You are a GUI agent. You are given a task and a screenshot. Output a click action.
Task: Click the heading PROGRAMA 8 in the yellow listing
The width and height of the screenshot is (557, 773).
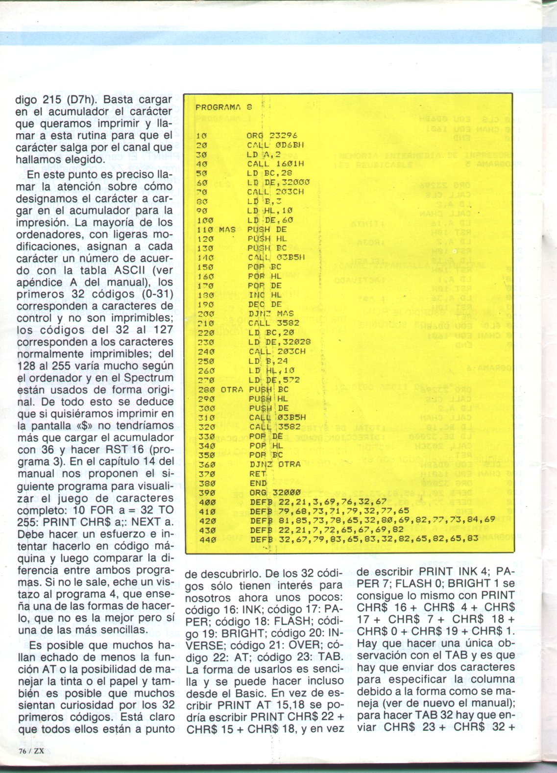(x=223, y=107)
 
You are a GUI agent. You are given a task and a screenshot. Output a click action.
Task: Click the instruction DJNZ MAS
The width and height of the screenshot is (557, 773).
(x=271, y=314)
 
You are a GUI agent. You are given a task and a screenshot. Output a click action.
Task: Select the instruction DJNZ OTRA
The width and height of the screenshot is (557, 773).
(x=274, y=464)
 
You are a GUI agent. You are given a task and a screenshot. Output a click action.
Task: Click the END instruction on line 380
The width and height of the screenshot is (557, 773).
(x=258, y=483)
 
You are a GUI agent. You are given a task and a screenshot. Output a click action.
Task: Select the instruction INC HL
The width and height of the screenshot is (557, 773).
(x=265, y=295)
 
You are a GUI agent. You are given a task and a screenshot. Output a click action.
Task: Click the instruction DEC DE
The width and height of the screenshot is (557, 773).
(x=265, y=304)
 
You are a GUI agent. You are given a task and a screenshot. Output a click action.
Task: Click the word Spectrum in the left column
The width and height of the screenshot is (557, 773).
(x=148, y=378)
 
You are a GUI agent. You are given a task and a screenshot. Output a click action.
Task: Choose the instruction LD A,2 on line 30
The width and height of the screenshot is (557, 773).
(x=264, y=154)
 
